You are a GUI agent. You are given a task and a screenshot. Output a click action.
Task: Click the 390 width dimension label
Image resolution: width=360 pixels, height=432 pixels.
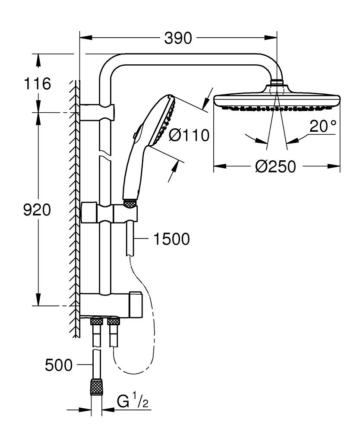[178, 38]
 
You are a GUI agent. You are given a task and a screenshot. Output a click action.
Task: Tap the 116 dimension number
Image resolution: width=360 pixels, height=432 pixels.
[38, 83]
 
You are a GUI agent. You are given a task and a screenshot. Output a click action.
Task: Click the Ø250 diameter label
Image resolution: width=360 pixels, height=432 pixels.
[276, 166]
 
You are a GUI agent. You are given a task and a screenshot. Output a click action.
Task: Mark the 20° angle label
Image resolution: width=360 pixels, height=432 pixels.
[322, 127]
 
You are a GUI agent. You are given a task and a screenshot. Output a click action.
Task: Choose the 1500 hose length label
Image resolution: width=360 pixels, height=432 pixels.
[172, 239]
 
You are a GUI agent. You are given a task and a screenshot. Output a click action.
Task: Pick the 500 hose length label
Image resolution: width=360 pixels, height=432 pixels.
[59, 365]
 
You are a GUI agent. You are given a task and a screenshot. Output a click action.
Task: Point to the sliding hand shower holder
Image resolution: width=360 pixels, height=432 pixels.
[109, 213]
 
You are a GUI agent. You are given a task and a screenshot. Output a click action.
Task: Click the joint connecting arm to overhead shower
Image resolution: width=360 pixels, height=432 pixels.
[277, 82]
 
